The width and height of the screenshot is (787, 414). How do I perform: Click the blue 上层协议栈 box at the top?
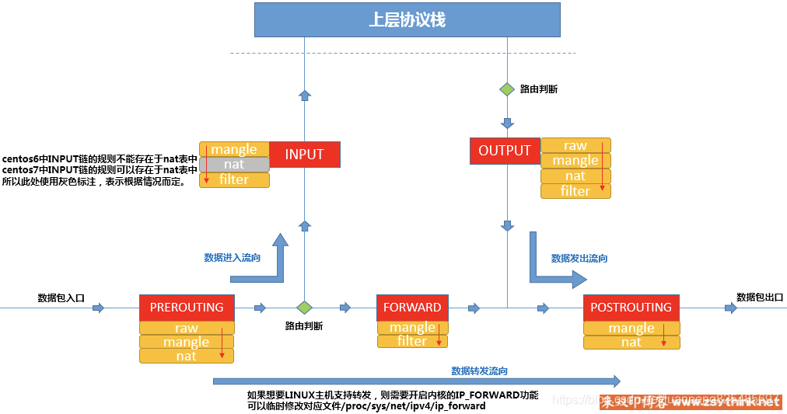coord(407,19)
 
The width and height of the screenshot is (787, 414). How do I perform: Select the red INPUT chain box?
coord(304,154)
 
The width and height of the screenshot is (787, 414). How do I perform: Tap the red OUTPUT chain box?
coord(504,151)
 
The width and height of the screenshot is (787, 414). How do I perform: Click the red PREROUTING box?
coord(187,307)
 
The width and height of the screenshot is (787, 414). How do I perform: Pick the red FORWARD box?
coord(412,307)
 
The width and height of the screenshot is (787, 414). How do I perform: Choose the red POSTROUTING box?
coord(631,307)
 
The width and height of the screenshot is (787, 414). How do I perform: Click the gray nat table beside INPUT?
coord(234,165)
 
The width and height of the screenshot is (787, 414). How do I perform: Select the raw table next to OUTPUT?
coord(575,145)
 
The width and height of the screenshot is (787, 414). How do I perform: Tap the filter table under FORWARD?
coord(412,341)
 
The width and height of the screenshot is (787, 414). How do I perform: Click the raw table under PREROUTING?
coord(187,328)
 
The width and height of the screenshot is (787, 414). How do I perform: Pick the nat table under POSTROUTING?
coord(631,342)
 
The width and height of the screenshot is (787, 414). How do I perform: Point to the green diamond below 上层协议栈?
coord(507,89)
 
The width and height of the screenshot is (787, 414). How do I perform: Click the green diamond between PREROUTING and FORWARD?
coord(304,308)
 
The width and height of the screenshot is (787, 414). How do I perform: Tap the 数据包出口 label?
coord(759,297)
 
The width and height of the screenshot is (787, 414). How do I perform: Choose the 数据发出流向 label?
coord(579,258)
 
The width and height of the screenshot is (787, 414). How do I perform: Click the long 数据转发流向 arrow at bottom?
coord(417,381)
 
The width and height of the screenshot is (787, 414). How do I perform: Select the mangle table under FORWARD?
coord(412,327)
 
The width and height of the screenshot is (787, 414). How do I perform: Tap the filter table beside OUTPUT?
coord(575,190)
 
